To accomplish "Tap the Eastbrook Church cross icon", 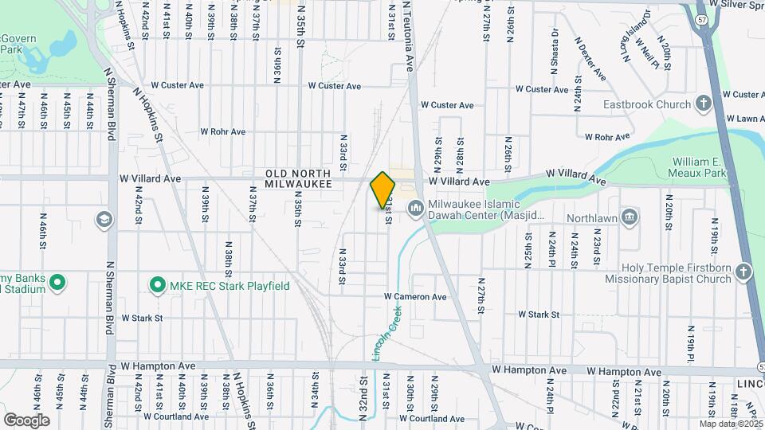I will click(703, 104).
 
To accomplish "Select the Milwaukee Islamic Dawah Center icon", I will click(414, 209).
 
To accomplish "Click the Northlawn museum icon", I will click(629, 217).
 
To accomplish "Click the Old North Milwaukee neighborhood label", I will click(298, 178).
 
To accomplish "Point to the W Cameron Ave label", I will click(415, 296).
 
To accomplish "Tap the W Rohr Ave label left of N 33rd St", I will click(222, 131).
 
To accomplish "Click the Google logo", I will click(26, 420).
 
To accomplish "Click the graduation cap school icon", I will click(104, 218).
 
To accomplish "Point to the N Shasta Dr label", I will click(553, 47).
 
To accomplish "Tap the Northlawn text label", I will click(591, 217).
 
